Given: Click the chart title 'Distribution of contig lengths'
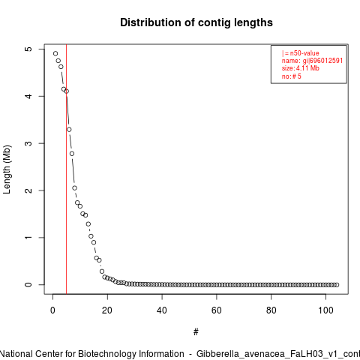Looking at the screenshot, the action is click(x=196, y=22).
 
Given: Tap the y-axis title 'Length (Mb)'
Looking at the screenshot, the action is click(x=7, y=169).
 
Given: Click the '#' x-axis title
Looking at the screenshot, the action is click(x=196, y=332).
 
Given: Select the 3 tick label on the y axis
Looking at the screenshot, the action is click(x=28, y=143).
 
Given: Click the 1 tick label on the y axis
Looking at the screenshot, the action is click(x=28, y=238).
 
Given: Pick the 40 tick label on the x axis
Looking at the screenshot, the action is click(x=162, y=310).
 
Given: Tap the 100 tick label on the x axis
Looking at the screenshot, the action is click(x=325, y=310).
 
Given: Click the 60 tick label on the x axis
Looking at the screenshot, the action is click(x=217, y=310).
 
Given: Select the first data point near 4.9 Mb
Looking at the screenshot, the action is click(x=55, y=53).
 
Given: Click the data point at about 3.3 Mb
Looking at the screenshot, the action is click(x=69, y=130).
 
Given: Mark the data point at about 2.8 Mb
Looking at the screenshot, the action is click(x=72, y=154).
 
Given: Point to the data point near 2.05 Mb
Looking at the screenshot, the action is click(x=74, y=188).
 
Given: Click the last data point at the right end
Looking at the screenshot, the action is click(x=337, y=285).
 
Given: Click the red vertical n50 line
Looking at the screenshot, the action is click(x=66, y=169).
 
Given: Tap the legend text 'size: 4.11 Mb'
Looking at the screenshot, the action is click(x=301, y=68).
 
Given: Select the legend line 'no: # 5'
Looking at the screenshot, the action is click(x=292, y=76).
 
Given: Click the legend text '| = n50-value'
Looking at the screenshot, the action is click(x=301, y=53).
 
